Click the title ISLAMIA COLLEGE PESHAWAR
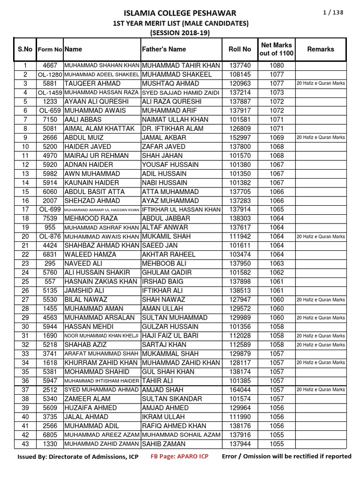180,13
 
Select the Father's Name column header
164,49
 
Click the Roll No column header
240,49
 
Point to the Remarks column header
321,49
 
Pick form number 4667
50,66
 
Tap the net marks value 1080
277,66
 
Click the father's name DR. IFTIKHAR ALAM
172,128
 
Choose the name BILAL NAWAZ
86,300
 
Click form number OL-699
50,210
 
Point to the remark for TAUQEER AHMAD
321,83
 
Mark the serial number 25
25,282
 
